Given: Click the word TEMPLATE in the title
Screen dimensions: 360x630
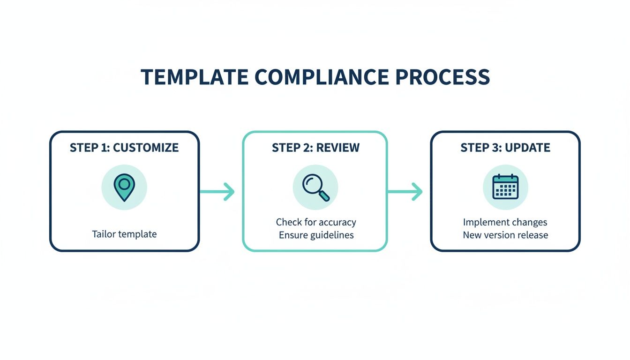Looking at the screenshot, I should pos(195,77).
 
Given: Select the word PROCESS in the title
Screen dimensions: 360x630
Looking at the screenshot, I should pos(443,77).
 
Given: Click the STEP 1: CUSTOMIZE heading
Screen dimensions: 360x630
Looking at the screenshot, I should pos(124,148).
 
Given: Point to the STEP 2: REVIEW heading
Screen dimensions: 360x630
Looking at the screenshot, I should pos(315,148).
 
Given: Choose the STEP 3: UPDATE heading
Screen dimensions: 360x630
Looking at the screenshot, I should pos(505,148).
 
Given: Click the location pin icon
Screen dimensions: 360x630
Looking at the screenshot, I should pos(124,187).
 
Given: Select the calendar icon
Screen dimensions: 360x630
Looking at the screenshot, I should pos(505,187).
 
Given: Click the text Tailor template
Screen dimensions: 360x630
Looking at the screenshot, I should pos(124,234).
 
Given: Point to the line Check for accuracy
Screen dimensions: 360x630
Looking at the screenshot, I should pos(315,222).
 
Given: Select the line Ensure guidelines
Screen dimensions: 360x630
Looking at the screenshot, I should pos(315,235).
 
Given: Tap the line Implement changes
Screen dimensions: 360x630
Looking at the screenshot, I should pos(505,222).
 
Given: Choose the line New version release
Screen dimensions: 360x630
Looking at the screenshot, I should pos(505,235).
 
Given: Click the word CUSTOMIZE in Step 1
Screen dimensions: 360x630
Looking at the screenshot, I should pos(146,148).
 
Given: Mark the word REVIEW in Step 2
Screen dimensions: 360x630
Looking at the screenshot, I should pos(337,148).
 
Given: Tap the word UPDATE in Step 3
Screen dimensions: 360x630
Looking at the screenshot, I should pos(528,148).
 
